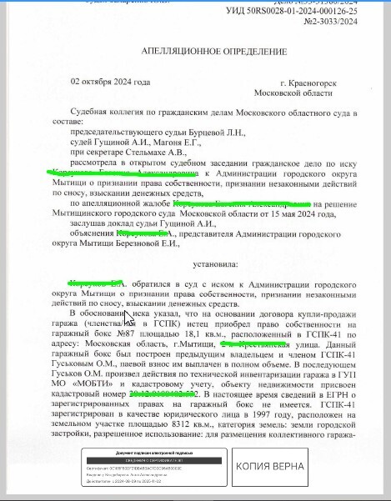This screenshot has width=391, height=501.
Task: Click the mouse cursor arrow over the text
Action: click(x=128, y=319)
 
